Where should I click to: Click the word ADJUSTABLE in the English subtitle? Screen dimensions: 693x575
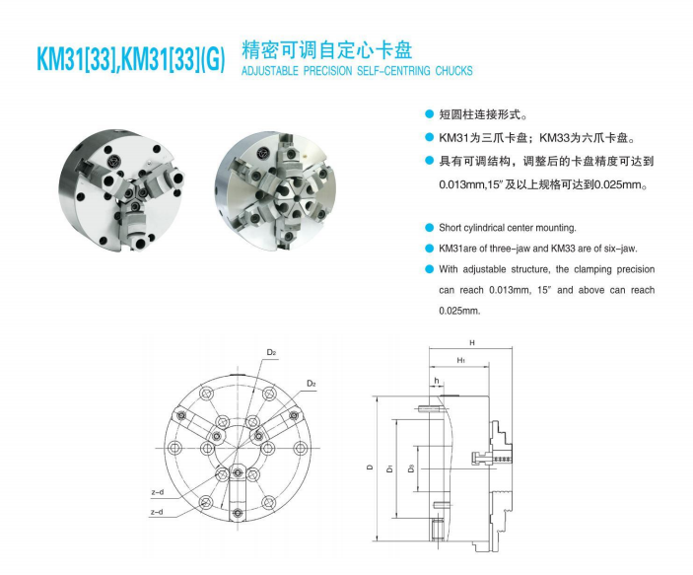(270, 71)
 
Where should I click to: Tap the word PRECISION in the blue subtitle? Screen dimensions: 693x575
(327, 71)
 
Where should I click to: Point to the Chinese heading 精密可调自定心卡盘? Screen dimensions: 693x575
(327, 50)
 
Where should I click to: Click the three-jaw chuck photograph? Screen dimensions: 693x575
(121, 190)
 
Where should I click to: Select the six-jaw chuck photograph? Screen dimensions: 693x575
(275, 190)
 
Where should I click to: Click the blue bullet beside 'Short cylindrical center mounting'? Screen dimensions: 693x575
(429, 228)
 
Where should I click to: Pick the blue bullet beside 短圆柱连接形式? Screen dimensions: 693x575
(429, 114)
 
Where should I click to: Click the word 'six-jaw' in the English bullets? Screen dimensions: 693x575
(620, 249)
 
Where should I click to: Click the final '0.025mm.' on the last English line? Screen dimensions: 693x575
(459, 311)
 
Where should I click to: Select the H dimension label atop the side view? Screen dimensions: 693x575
(472, 343)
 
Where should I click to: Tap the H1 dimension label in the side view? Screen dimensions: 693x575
(461, 360)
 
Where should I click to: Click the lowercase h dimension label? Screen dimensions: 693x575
(437, 381)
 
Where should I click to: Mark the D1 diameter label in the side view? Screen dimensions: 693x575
(389, 467)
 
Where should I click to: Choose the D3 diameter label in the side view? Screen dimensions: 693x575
(411, 467)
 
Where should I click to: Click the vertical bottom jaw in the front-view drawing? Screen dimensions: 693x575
(238, 493)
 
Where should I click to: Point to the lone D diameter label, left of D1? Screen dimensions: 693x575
(371, 467)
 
